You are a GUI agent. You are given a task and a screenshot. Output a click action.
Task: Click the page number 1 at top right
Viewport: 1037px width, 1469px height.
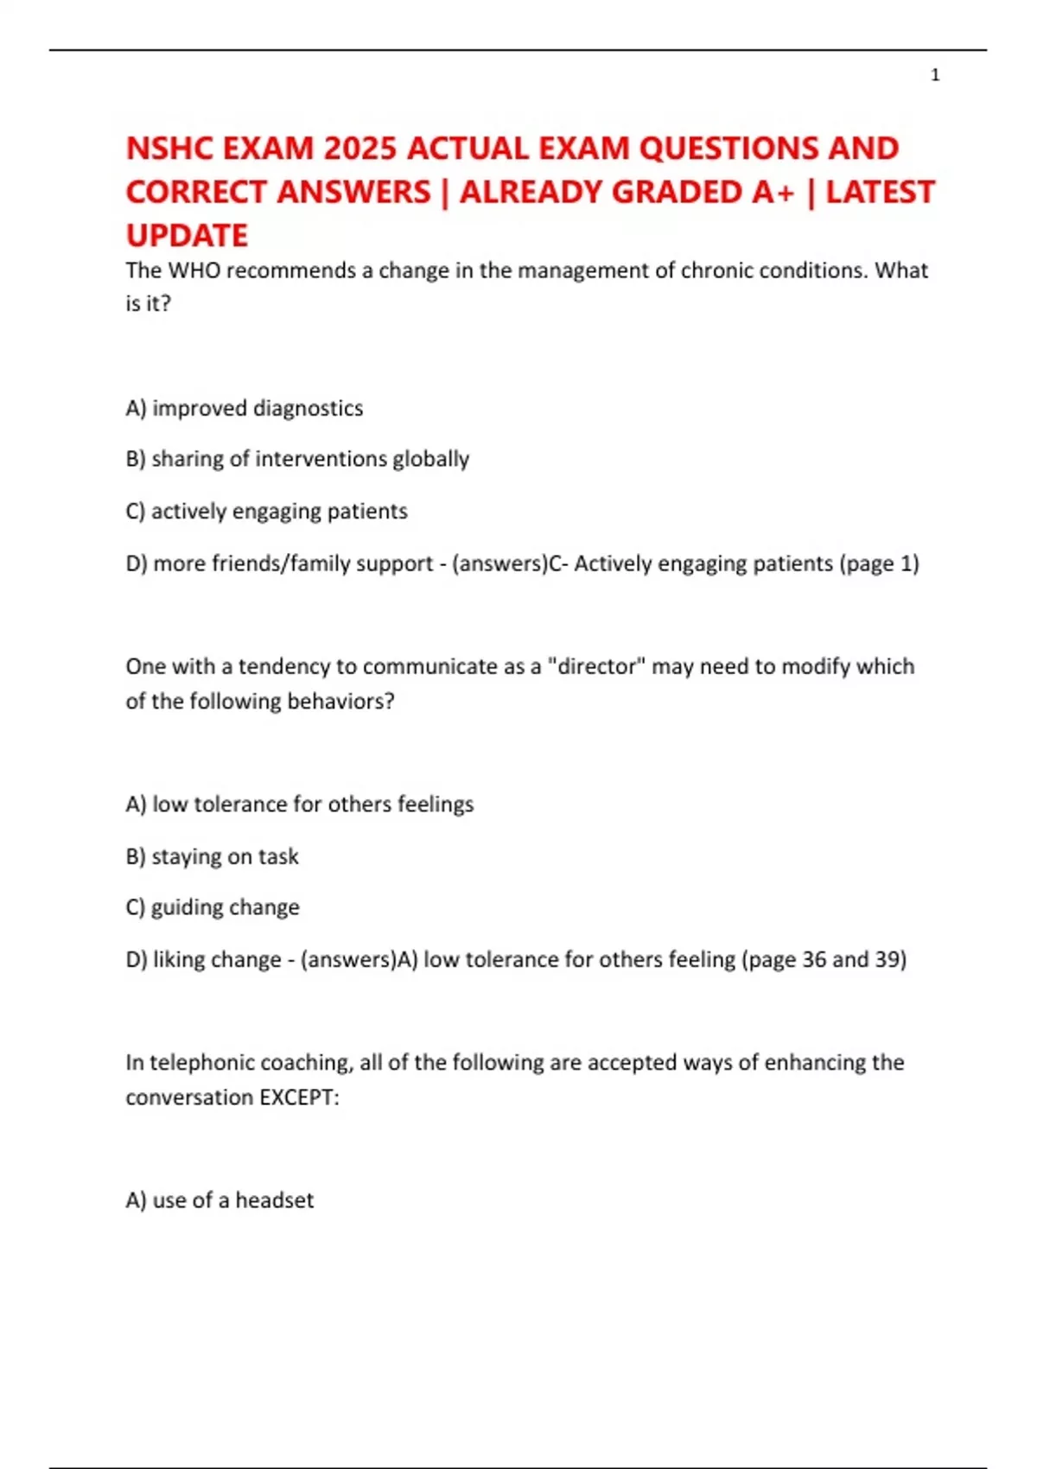(x=935, y=75)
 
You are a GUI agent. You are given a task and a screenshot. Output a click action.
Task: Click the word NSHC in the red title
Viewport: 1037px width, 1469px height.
(x=169, y=149)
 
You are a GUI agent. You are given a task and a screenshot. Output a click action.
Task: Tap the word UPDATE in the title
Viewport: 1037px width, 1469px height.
(x=187, y=235)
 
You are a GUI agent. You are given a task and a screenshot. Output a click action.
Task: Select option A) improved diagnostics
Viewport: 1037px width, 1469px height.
(x=244, y=408)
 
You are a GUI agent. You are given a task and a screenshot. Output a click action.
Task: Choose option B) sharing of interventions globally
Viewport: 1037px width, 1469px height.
(x=296, y=459)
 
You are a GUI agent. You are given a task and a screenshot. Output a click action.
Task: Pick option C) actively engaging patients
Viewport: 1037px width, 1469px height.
(x=266, y=511)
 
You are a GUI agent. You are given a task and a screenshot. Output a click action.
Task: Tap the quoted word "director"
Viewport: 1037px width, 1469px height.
(x=597, y=666)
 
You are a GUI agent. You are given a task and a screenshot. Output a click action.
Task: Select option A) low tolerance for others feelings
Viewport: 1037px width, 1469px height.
(x=299, y=804)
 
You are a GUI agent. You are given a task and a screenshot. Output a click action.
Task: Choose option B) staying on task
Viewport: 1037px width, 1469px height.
(x=212, y=856)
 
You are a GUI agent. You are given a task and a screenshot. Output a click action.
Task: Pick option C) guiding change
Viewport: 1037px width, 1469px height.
(x=213, y=907)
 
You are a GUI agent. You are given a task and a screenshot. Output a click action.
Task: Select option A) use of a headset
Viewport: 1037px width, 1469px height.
(x=219, y=1200)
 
